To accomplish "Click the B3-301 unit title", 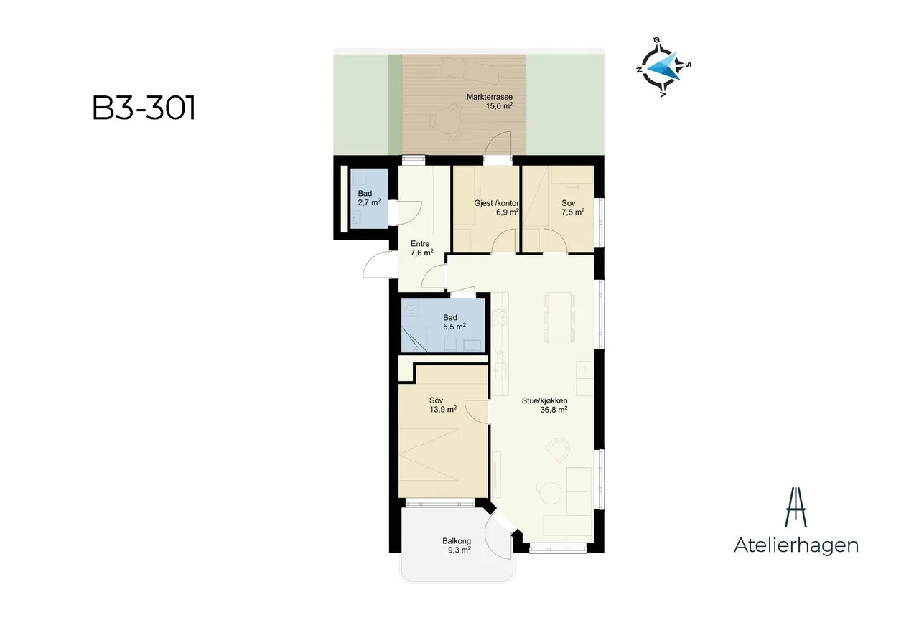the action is coord(144,108).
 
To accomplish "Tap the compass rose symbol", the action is coord(662,67).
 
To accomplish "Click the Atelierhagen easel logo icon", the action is coord(796,507).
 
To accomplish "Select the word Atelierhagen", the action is coord(796,546).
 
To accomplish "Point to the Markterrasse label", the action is coord(490,97).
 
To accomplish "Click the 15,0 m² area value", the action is coord(499,106).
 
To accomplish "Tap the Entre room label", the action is coord(420,243).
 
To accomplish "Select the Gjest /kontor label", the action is coord(497,203).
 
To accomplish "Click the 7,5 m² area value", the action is coord(573,212).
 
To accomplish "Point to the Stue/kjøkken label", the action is coord(544,401).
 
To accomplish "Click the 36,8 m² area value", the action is coord(554,410).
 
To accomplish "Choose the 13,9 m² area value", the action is coord(443,409).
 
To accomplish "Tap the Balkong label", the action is coord(456,541).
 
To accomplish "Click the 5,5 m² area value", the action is coord(454,327).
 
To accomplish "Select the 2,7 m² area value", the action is coord(369,202).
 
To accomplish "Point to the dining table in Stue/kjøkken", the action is coord(559,318).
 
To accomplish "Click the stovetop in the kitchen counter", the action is coord(499,318).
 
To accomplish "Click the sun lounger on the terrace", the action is coord(470,70).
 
